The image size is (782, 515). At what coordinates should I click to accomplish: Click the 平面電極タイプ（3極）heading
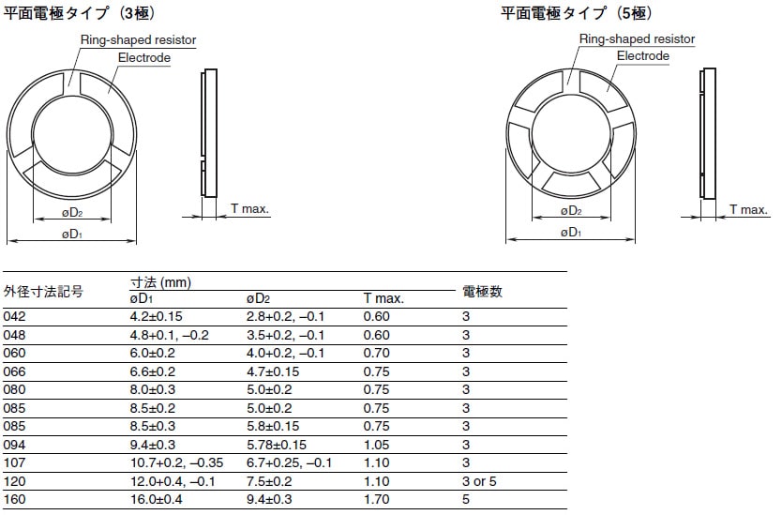point(80,13)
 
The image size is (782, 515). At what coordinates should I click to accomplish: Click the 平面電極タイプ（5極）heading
point(577,13)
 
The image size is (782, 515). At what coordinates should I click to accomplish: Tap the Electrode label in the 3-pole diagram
point(144,58)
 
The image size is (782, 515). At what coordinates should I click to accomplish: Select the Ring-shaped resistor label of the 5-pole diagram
point(637,38)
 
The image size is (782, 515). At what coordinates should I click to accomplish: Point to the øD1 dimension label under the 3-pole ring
point(72,234)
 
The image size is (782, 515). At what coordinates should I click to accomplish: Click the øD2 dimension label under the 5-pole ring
point(571,211)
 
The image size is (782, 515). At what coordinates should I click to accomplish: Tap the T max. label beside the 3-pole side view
point(249,208)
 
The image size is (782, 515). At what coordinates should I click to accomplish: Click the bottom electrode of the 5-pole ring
point(571,184)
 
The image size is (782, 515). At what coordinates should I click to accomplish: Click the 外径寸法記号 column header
point(43,292)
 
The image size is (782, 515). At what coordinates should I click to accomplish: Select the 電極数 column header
point(482,292)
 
